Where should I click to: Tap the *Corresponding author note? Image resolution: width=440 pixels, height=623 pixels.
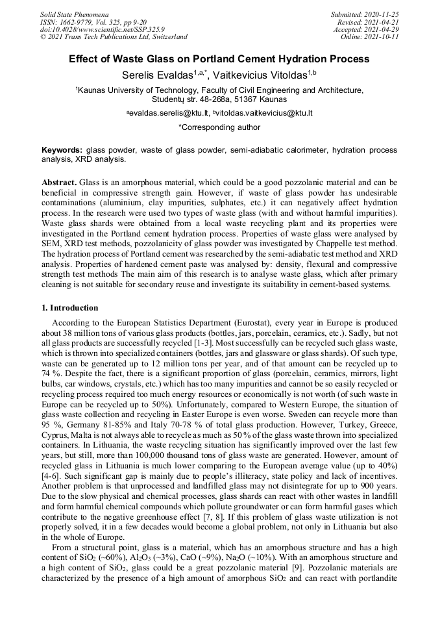click(219, 127)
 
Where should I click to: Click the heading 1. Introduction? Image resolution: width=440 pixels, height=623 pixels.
click(69, 308)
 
